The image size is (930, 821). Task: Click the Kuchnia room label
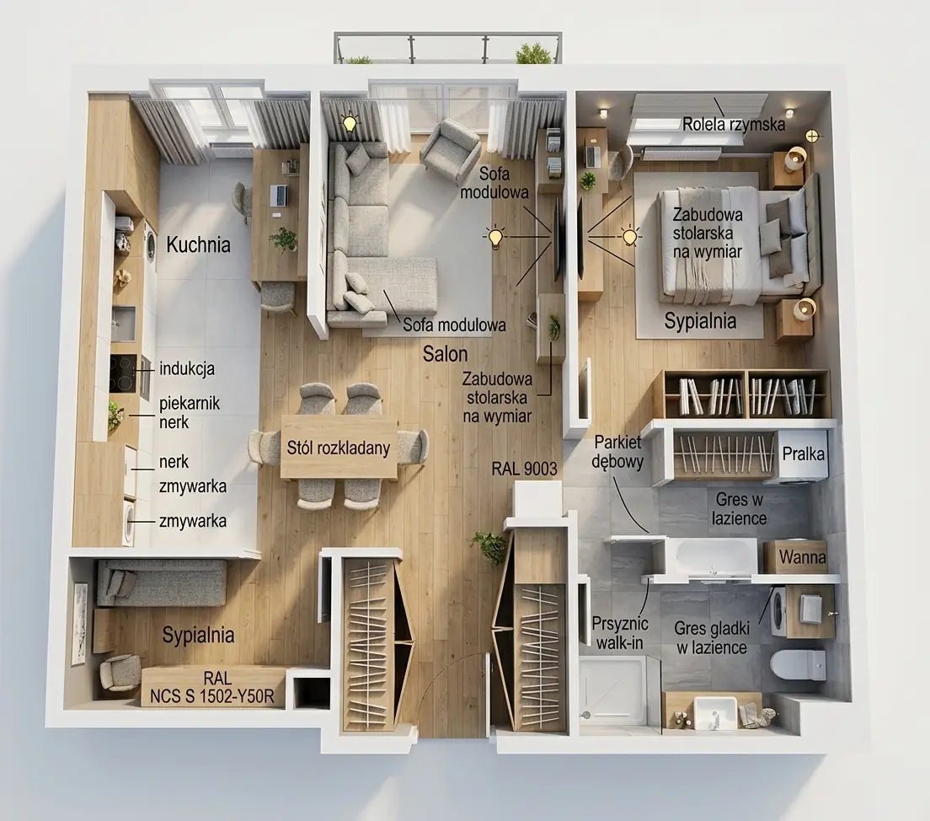pyautogui.click(x=198, y=244)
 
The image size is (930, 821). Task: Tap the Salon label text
pyautogui.click(x=446, y=354)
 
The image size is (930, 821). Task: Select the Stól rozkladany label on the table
pyautogui.click(x=339, y=448)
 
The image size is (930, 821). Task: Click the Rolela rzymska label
pyautogui.click(x=734, y=124)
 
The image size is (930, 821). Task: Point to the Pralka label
pyautogui.click(x=804, y=454)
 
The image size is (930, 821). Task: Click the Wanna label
pyautogui.click(x=803, y=557)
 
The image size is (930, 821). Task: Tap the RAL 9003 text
pyautogui.click(x=524, y=469)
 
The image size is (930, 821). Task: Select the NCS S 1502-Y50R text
pyautogui.click(x=212, y=696)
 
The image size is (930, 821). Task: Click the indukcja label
pyautogui.click(x=187, y=368)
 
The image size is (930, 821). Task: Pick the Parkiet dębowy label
pyautogui.click(x=617, y=452)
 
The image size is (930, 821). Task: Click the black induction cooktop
pyautogui.click(x=123, y=374)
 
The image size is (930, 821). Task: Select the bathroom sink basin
pyautogui.click(x=714, y=714)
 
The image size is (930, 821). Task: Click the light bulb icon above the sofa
pyautogui.click(x=350, y=123)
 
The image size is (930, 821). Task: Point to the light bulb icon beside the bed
pyautogui.click(x=629, y=237)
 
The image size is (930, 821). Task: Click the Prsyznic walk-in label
pyautogui.click(x=620, y=633)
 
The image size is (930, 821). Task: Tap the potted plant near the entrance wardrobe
pyautogui.click(x=490, y=547)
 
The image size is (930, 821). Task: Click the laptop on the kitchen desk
pyautogui.click(x=279, y=195)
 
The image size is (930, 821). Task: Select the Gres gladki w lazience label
pyautogui.click(x=712, y=637)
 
